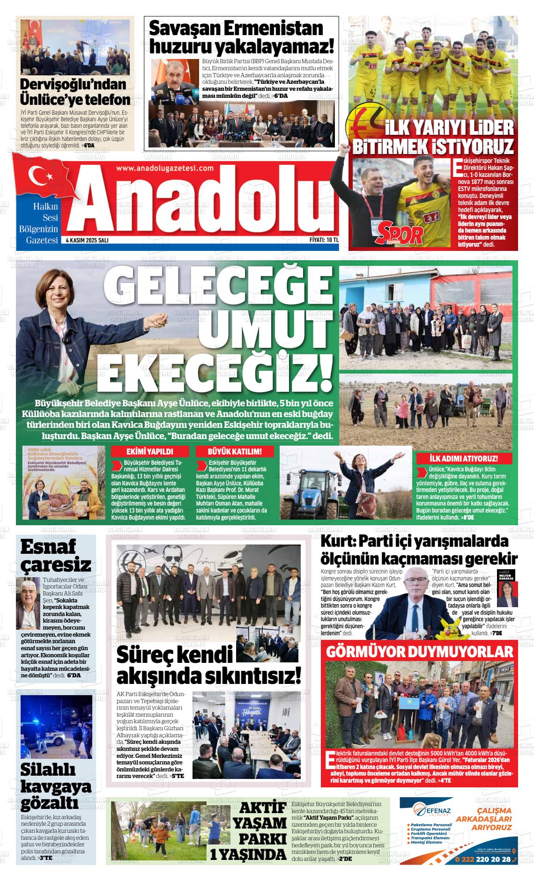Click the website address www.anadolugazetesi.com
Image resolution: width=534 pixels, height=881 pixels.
pos(164,169)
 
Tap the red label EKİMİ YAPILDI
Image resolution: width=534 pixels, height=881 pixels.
pos(150,451)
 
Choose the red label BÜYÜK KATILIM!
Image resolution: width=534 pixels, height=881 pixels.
pos(235,451)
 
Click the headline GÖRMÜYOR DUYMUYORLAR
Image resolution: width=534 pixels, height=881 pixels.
pos(420,652)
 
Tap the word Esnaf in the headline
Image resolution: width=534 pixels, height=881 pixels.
pos(48,547)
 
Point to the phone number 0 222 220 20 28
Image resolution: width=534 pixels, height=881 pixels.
pos(482,859)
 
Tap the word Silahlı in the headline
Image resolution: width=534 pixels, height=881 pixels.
pos(48,770)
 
